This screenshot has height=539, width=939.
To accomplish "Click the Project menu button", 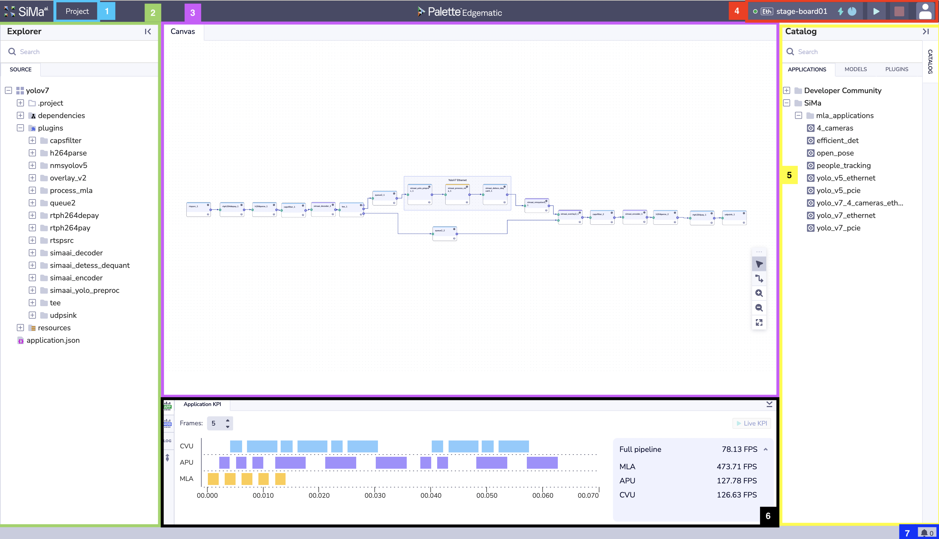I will [77, 11].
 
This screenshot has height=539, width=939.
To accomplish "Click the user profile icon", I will [925, 11].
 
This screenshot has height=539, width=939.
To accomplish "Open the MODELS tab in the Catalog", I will [855, 69].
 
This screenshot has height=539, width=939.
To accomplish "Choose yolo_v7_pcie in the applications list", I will [838, 228].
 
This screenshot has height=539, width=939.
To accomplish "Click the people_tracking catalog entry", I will [843, 166].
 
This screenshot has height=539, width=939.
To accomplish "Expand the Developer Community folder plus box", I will [787, 91].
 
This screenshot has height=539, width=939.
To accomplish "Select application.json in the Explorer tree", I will [53, 340].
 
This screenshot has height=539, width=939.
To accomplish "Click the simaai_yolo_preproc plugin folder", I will [84, 290].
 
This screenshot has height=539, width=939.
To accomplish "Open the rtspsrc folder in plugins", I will [61, 240].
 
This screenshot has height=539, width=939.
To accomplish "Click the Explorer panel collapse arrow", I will [148, 31].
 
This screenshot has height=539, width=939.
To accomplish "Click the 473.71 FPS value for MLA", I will [736, 467].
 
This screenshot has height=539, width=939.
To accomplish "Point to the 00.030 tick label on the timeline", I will [375, 495].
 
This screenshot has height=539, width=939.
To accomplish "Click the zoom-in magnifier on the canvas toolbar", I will [759, 293].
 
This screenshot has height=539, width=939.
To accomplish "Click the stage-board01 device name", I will [802, 11].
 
